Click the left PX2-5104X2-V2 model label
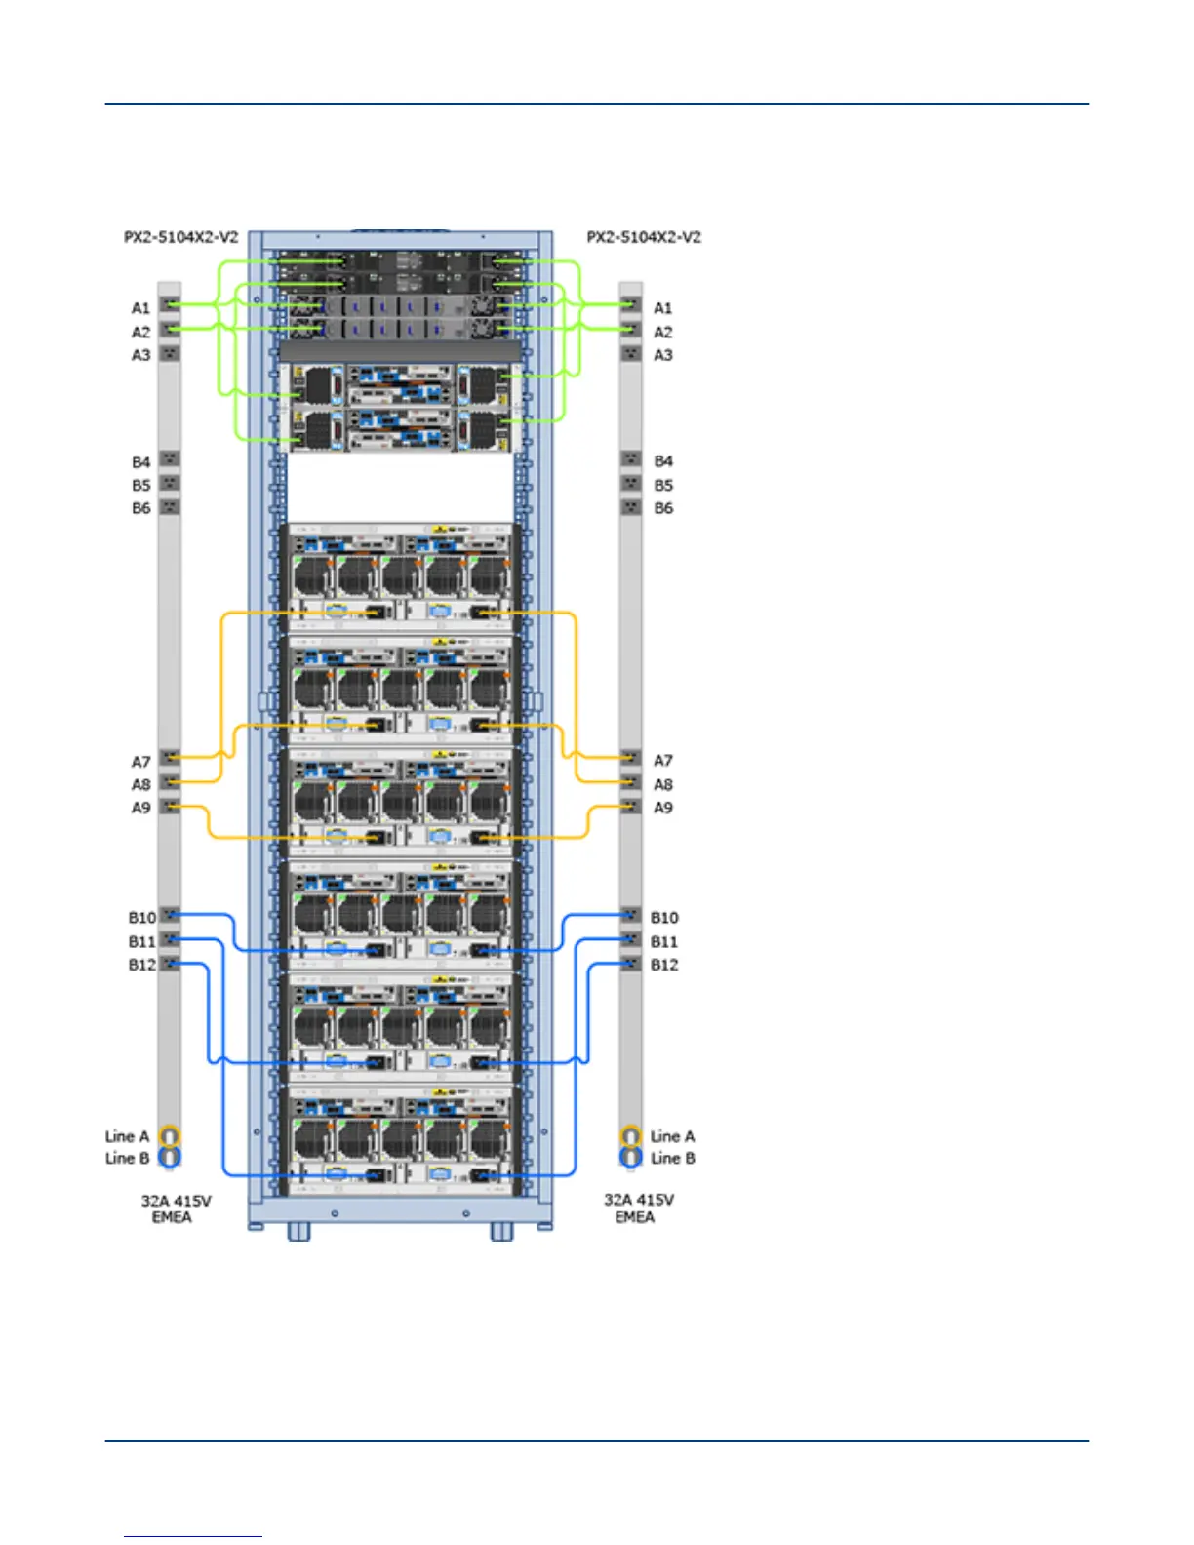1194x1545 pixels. point(180,237)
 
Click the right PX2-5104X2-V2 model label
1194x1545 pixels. point(644,237)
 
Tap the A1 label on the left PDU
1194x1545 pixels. point(141,308)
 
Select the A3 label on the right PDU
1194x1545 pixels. point(663,355)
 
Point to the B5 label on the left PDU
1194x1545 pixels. point(141,485)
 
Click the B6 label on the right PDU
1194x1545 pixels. point(663,508)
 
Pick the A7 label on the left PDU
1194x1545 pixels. point(141,761)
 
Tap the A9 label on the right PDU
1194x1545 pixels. point(663,808)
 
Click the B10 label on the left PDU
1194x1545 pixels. point(142,918)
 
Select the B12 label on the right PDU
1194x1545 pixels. point(664,965)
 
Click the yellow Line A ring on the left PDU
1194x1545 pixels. point(170,1136)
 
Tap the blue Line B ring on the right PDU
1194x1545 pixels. point(631,1158)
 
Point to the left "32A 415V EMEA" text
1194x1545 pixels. point(176,1208)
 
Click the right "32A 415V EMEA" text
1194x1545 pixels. point(638,1208)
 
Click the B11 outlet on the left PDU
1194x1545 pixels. point(170,939)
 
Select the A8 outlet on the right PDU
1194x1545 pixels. point(631,782)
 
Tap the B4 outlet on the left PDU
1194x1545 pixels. point(170,458)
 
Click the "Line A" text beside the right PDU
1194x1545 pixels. point(673,1136)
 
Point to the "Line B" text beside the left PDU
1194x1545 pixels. point(127,1158)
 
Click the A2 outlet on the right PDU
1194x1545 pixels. point(631,330)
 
